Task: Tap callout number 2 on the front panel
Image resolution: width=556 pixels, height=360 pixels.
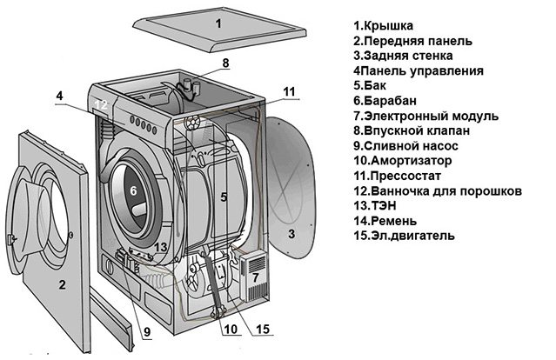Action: pos(62,284)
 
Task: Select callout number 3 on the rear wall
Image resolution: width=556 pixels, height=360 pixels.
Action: pos(292,233)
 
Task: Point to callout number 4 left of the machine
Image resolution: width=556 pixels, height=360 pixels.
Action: pos(59,96)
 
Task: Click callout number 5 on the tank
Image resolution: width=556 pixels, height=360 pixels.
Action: pos(223,197)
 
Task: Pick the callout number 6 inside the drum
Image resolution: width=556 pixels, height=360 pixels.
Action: pos(133,190)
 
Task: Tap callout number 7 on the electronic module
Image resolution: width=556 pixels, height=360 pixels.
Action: pos(255,278)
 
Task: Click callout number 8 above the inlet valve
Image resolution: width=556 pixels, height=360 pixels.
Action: pos(224,63)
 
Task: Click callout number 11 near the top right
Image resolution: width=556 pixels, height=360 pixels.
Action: pos(290,90)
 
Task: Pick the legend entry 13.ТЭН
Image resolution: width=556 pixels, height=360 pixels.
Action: pos(378,205)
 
